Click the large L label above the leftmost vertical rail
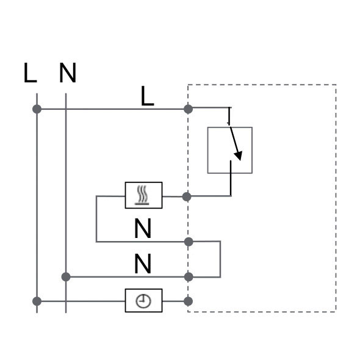(30, 73)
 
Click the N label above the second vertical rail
(68, 73)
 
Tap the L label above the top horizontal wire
(147, 96)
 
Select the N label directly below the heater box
(143, 228)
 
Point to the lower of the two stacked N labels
(143, 264)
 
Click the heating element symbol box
(144, 195)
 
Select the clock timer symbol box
(144, 301)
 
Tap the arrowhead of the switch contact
(239, 156)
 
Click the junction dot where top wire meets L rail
(37, 109)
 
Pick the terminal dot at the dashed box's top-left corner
(189, 109)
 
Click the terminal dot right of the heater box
(187, 196)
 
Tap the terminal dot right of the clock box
(189, 301)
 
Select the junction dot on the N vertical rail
(66, 277)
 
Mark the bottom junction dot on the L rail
(37, 301)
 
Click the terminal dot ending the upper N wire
(189, 242)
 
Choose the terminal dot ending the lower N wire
(189, 277)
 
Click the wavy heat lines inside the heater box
(142, 193)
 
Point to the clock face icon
(143, 301)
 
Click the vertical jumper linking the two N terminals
(220, 259)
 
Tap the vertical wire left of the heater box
(96, 219)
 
